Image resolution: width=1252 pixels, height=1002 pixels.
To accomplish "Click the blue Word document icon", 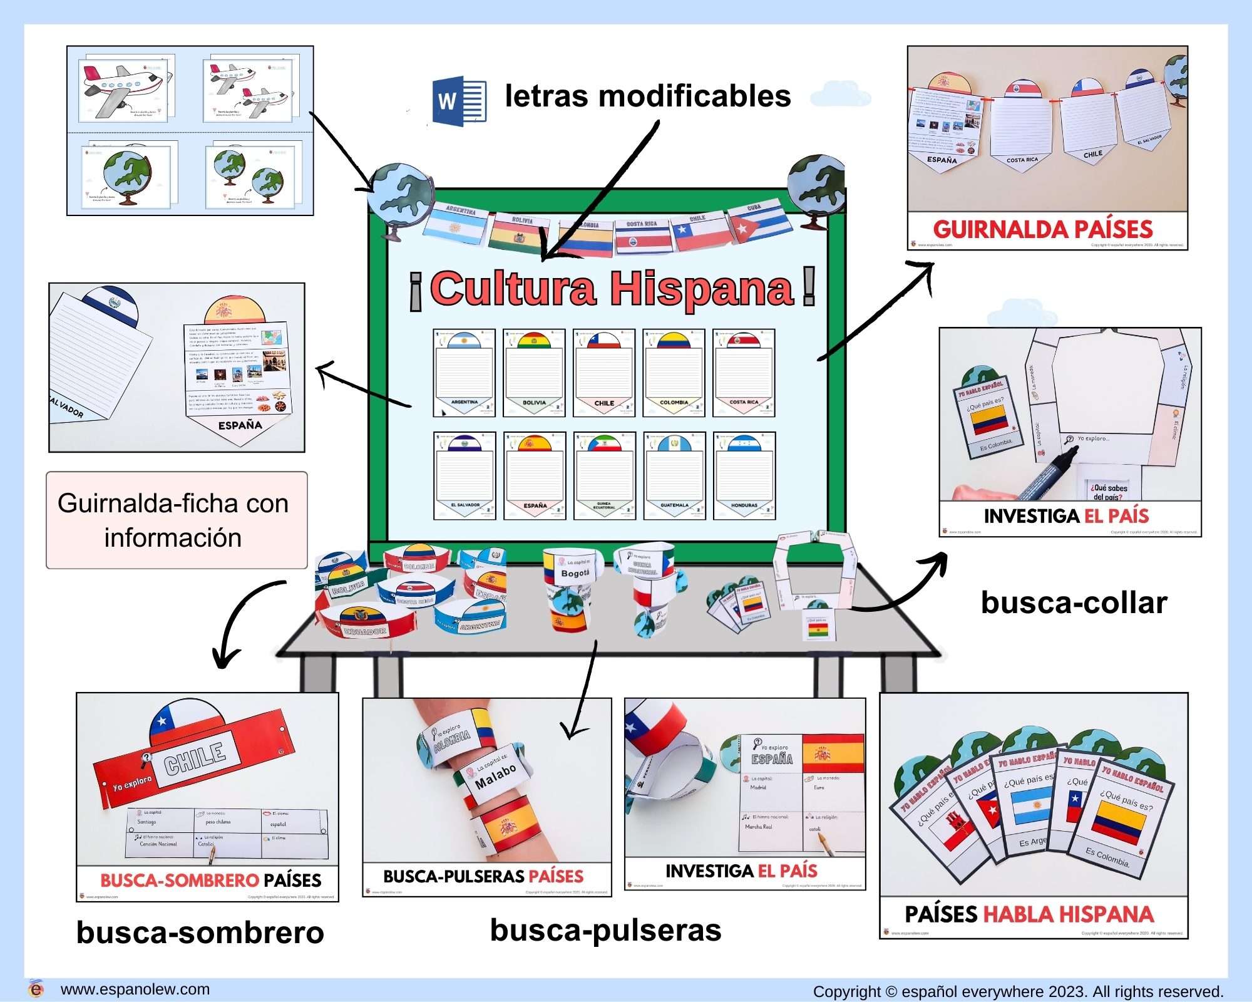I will [x=459, y=101].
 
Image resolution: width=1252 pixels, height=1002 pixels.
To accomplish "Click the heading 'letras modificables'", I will [x=648, y=96].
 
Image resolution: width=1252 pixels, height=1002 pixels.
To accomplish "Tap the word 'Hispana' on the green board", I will [x=702, y=289].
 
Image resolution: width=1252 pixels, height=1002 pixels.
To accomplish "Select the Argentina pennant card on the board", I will [x=464, y=373].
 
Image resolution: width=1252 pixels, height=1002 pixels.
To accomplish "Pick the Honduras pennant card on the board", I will [x=744, y=475].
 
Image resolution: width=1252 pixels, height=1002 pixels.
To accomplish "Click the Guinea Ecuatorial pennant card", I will [x=604, y=475].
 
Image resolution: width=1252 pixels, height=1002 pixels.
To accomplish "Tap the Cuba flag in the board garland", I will [x=756, y=222].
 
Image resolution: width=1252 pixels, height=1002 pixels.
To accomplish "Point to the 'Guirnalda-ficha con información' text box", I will [x=177, y=520].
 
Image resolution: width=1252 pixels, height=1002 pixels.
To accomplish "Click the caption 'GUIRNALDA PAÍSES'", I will [x=1043, y=229].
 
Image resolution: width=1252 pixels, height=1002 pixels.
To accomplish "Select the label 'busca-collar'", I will [x=1074, y=602].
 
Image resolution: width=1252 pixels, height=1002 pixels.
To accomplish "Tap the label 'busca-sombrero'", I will [x=200, y=932].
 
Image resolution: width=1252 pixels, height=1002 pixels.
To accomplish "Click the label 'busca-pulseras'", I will [x=605, y=930].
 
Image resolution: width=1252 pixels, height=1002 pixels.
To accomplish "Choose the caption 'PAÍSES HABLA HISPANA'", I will [x=1029, y=914].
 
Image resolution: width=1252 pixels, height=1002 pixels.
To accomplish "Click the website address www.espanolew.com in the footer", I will [x=135, y=989].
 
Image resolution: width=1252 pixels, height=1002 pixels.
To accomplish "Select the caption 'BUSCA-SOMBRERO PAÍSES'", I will [x=210, y=880].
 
